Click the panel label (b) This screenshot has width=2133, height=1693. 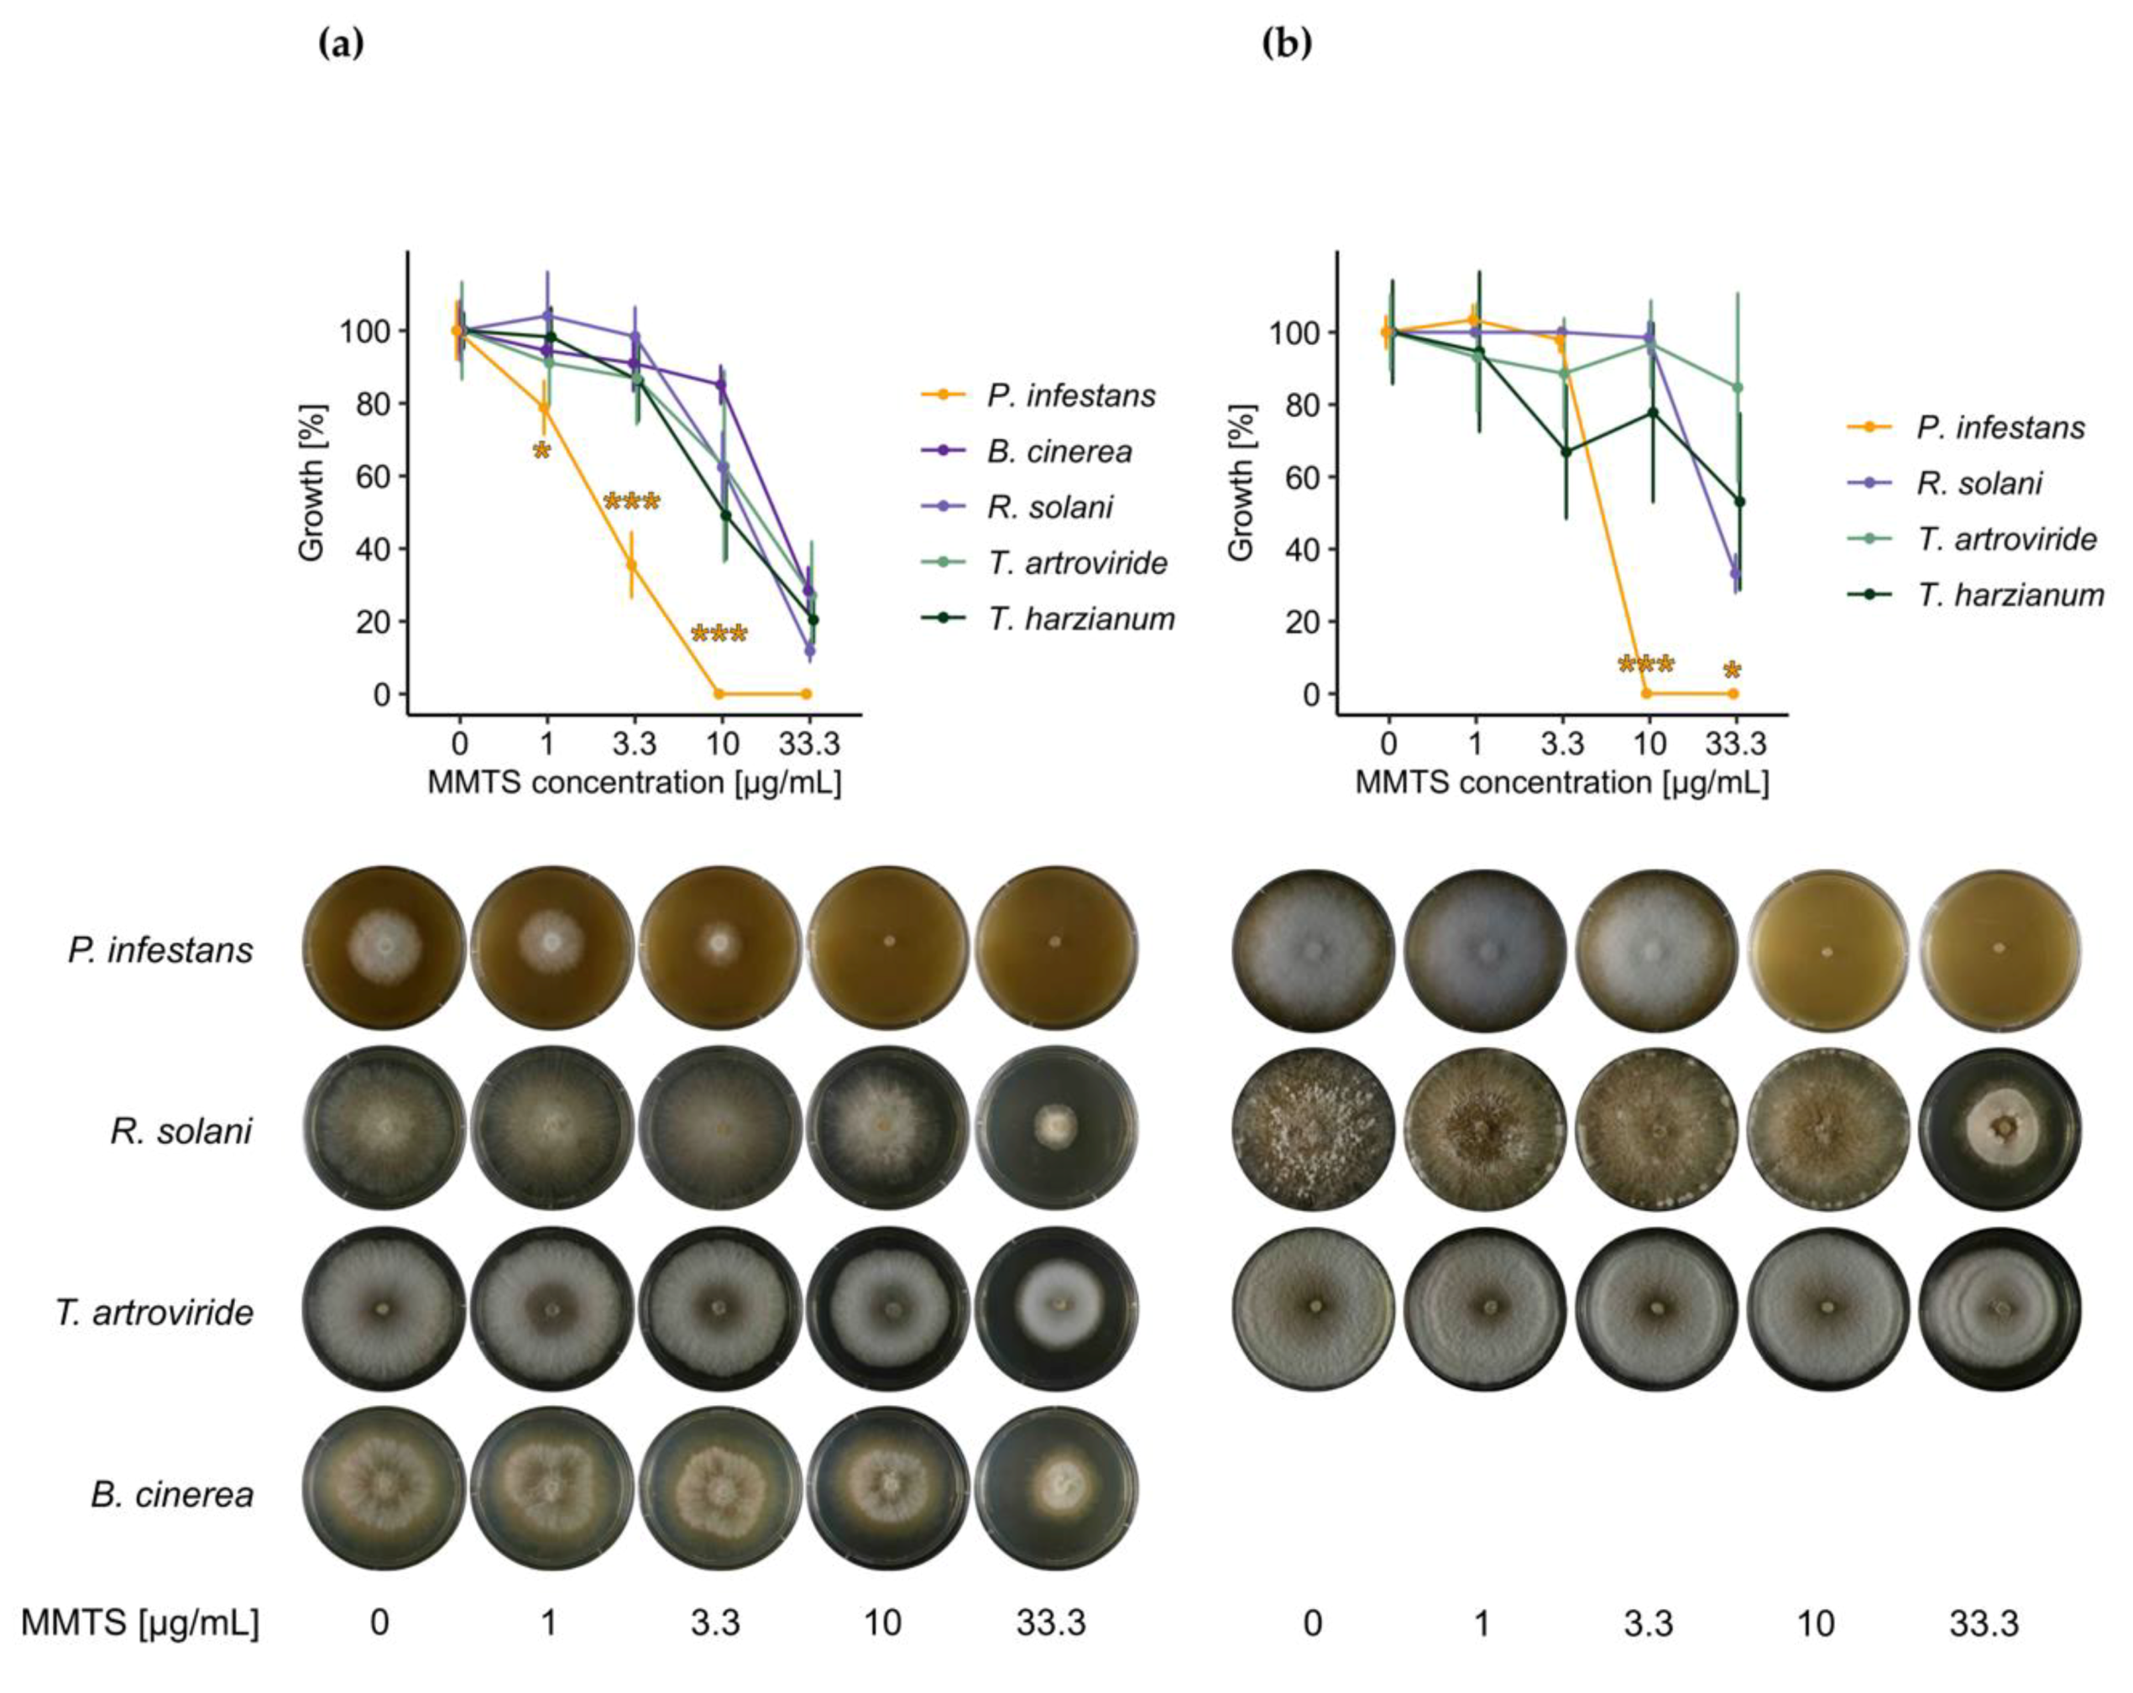click(1287, 44)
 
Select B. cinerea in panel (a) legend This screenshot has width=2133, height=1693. click(1058, 452)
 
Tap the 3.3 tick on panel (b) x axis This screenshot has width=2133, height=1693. click(1562, 742)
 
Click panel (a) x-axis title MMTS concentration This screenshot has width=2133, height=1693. click(633, 782)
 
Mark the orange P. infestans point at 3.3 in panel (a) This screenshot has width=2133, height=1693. click(631, 565)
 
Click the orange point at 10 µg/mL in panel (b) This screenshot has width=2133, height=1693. click(1646, 692)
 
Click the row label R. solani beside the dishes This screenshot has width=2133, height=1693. click(181, 1131)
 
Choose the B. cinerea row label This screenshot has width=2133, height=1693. click(172, 1493)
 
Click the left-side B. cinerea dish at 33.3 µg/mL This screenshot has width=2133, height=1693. click(1057, 1488)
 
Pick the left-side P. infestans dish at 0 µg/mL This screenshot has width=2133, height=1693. click(384, 947)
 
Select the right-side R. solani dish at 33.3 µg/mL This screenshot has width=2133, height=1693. click(2000, 1129)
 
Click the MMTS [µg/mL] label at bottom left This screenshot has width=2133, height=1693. click(139, 1622)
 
